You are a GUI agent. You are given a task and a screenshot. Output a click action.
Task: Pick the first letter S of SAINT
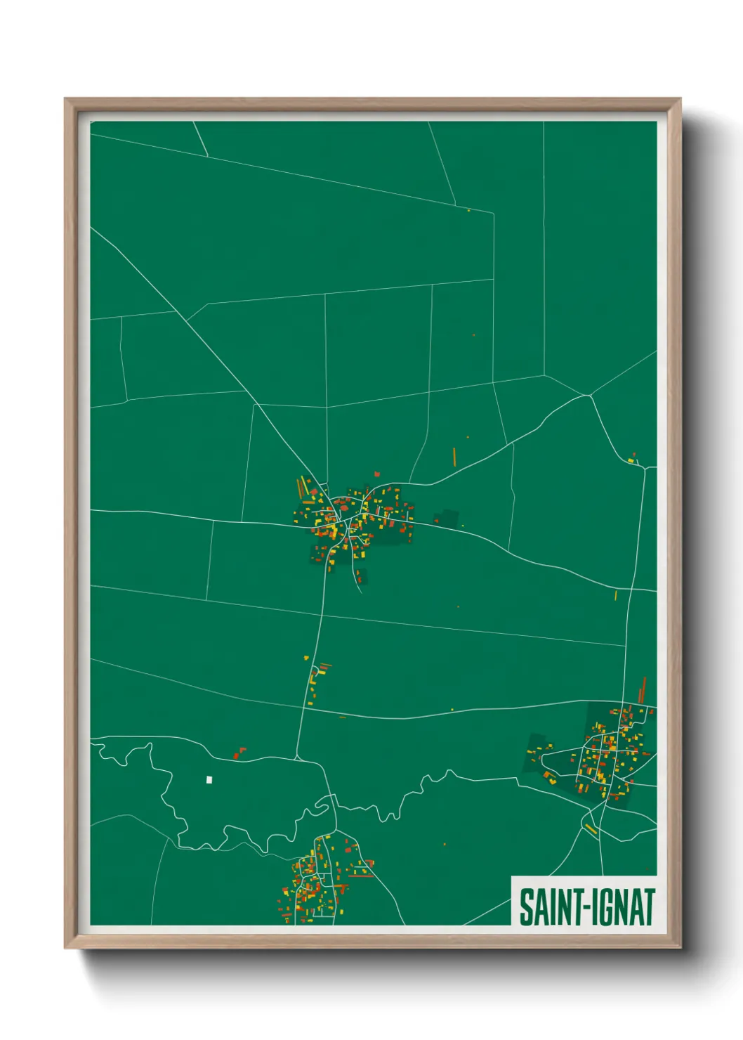pyautogui.click(x=525, y=907)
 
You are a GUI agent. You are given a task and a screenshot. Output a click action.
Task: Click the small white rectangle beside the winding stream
pyautogui.click(x=209, y=779)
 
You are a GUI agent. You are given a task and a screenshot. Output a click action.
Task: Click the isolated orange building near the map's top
pyautogui.click(x=468, y=210)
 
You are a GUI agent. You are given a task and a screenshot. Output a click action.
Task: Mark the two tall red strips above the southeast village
pyautogui.click(x=643, y=689)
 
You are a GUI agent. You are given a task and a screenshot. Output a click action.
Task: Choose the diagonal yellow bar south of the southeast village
pyautogui.click(x=591, y=829)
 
